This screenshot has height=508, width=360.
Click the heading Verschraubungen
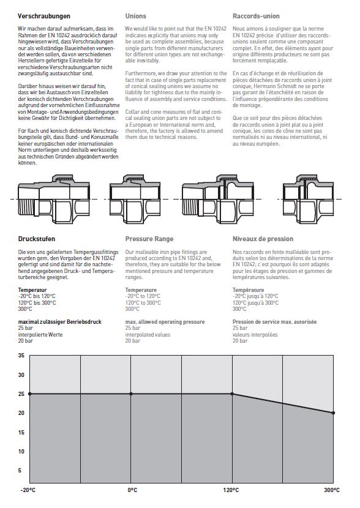[43, 16]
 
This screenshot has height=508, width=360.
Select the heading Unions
[135, 16]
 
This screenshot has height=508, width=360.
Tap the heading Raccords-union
[256, 16]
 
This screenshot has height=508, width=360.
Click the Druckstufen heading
[37, 239]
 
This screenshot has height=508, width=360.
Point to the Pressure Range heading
[149, 239]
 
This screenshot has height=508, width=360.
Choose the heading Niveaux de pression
[263, 239]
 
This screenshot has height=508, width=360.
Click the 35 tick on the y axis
[21, 356]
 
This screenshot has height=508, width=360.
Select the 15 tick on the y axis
[21, 432]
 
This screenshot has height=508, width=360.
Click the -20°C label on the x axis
[28, 490]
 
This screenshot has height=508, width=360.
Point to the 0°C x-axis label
[132, 490]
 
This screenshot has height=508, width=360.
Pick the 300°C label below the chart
[332, 490]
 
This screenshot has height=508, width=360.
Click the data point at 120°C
[232, 394]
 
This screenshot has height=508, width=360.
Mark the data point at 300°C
[334, 413]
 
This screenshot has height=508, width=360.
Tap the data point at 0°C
[131, 394]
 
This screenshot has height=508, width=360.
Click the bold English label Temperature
[141, 290]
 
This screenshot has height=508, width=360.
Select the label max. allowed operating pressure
[165, 322]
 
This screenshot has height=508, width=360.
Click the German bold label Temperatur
[32, 290]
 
